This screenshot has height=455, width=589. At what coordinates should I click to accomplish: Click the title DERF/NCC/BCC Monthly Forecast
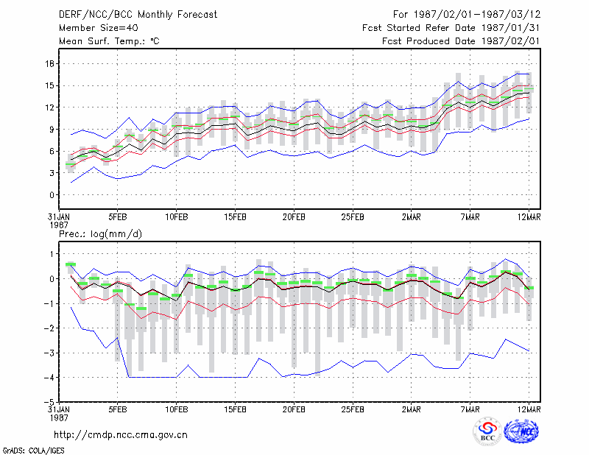tap(138, 15)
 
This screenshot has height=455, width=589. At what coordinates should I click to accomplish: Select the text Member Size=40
tap(99, 28)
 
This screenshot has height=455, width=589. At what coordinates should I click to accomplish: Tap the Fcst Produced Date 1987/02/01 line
tap(461, 41)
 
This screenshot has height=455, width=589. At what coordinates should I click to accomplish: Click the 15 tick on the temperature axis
tap(49, 85)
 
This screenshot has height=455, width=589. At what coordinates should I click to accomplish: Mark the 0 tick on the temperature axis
tap(52, 195)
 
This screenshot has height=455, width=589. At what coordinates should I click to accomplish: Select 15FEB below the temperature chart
tap(235, 217)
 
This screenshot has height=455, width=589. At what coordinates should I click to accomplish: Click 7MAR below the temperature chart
tap(470, 217)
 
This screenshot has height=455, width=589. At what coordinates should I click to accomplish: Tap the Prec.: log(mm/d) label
tap(100, 234)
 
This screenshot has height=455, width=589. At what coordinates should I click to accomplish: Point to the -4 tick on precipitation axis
tap(49, 378)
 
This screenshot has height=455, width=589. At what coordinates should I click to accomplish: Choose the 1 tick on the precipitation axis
tap(52, 254)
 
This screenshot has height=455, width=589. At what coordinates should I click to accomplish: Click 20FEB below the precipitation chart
tap(294, 409)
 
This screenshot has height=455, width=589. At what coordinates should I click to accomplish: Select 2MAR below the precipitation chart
tap(412, 409)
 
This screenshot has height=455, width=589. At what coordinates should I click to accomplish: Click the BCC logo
tap(487, 431)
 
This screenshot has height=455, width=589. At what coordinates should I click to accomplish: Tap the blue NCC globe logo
tap(521, 431)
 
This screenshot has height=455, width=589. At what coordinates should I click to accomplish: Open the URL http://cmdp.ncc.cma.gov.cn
tap(121, 435)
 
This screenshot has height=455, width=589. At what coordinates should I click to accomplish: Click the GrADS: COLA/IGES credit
tap(33, 451)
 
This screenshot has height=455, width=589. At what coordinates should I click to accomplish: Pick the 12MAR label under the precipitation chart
tap(529, 409)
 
